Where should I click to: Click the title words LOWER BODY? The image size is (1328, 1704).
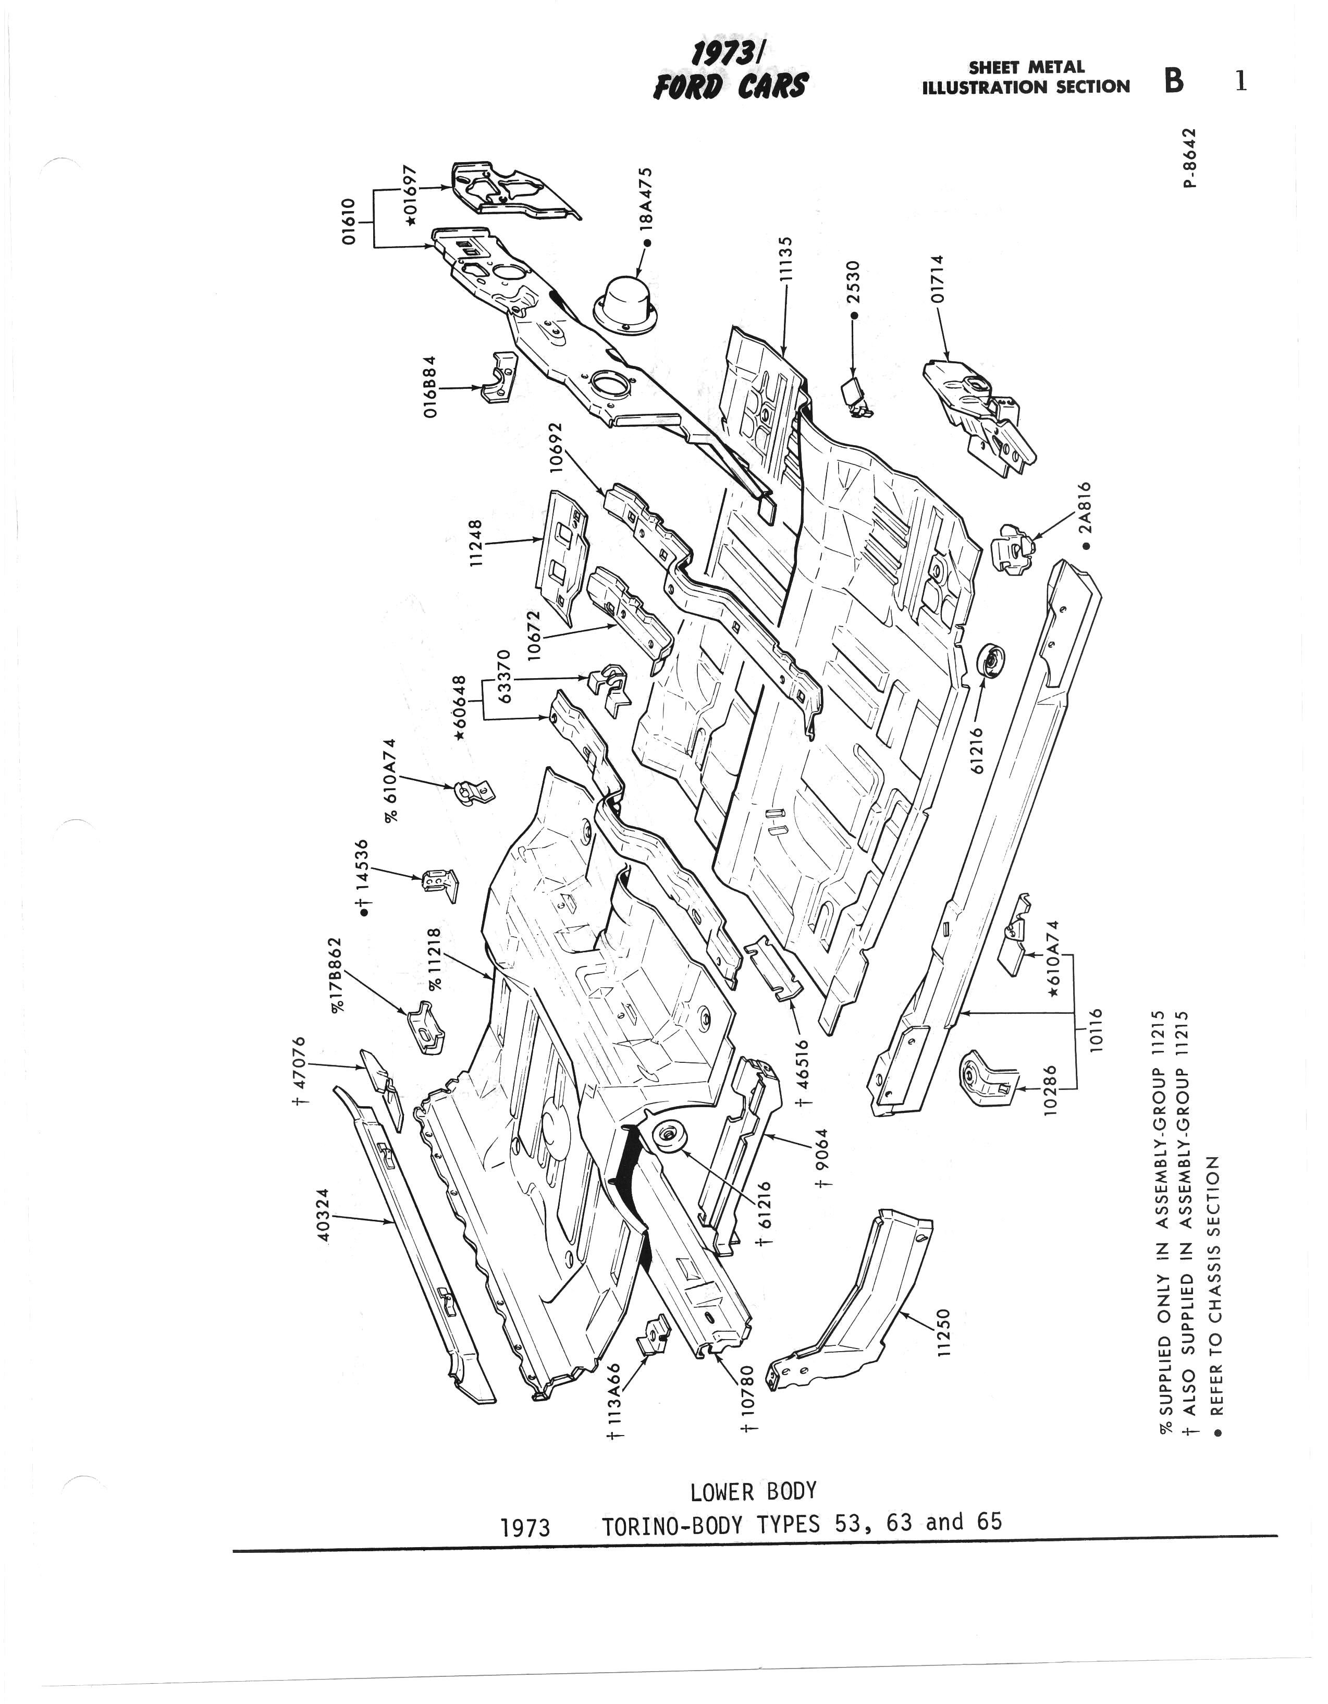pos(753,1492)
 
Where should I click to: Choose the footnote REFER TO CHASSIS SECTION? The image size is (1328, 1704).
pos(1215,1303)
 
